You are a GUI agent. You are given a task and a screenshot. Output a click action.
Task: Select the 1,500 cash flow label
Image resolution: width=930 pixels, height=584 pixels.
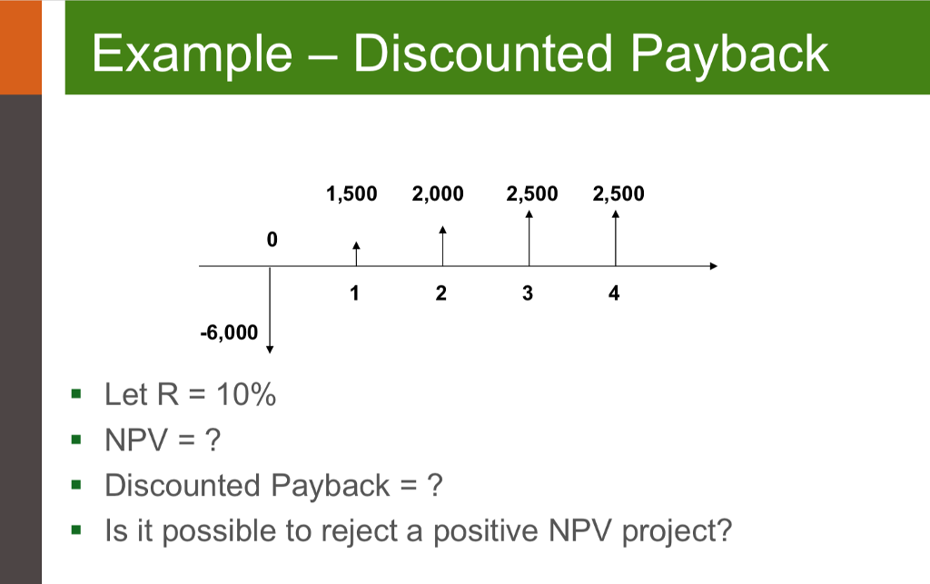(351, 193)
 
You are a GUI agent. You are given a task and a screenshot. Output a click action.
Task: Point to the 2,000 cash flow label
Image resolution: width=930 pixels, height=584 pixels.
(438, 193)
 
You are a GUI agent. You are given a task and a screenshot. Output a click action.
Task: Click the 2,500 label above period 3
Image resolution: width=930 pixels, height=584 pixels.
(533, 193)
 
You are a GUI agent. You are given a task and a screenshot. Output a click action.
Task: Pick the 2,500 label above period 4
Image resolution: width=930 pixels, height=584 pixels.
(618, 193)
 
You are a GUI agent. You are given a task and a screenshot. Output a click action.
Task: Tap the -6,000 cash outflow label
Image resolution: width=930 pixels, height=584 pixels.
(229, 332)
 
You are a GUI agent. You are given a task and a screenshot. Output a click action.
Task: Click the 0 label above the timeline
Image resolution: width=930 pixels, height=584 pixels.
(272, 241)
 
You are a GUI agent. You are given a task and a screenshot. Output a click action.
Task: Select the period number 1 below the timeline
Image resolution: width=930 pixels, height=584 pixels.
(354, 293)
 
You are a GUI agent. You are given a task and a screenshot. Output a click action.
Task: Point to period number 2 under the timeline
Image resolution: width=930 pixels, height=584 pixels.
(440, 293)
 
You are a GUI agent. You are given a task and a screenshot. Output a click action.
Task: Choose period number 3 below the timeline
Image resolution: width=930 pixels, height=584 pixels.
(528, 293)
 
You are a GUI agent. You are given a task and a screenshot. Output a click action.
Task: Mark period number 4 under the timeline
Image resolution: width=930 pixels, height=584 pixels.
(615, 293)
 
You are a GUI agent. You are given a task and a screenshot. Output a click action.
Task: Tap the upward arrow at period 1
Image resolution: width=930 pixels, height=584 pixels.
(356, 253)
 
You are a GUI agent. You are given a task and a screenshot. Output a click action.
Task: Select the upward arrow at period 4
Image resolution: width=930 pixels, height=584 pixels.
(616, 237)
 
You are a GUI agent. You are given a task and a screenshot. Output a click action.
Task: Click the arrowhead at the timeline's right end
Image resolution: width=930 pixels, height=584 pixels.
(713, 266)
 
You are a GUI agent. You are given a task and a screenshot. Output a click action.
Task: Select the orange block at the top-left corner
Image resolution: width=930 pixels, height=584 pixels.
(20, 45)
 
